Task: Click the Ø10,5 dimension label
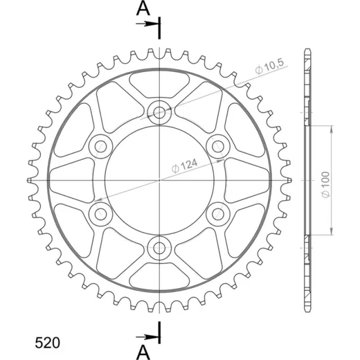tap(269, 67)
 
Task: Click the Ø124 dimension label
tap(185, 165)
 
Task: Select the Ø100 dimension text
tap(325, 185)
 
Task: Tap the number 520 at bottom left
tap(47, 343)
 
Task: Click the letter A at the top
tap(143, 8)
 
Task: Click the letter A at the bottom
tap(143, 353)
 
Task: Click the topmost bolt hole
tap(159, 113)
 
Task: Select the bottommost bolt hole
tap(159, 248)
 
